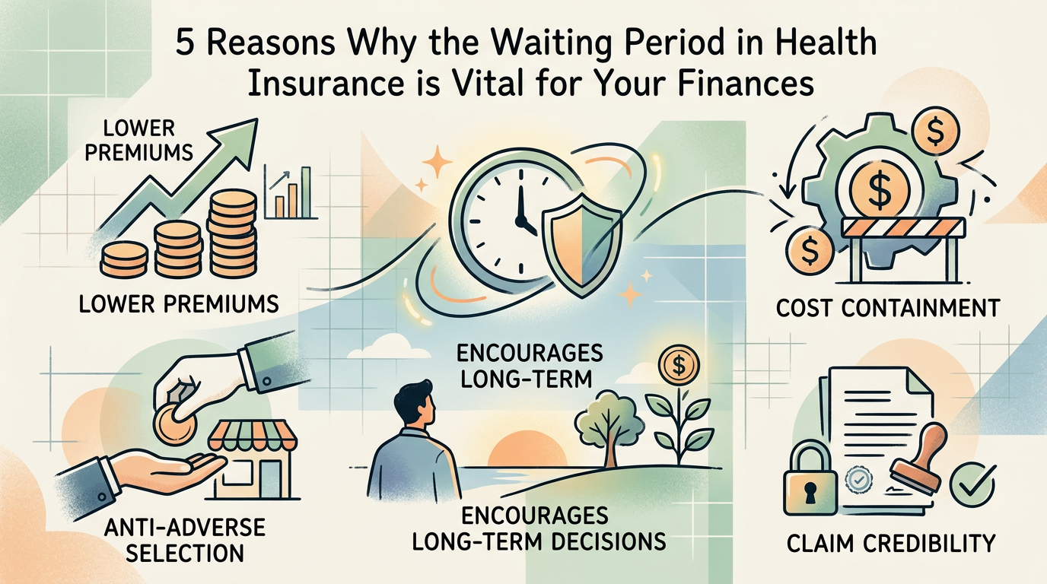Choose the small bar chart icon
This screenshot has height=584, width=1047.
click(x=288, y=192)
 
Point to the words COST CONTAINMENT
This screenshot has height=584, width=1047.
click(x=886, y=309)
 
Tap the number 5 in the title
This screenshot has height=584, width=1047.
click(x=185, y=45)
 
